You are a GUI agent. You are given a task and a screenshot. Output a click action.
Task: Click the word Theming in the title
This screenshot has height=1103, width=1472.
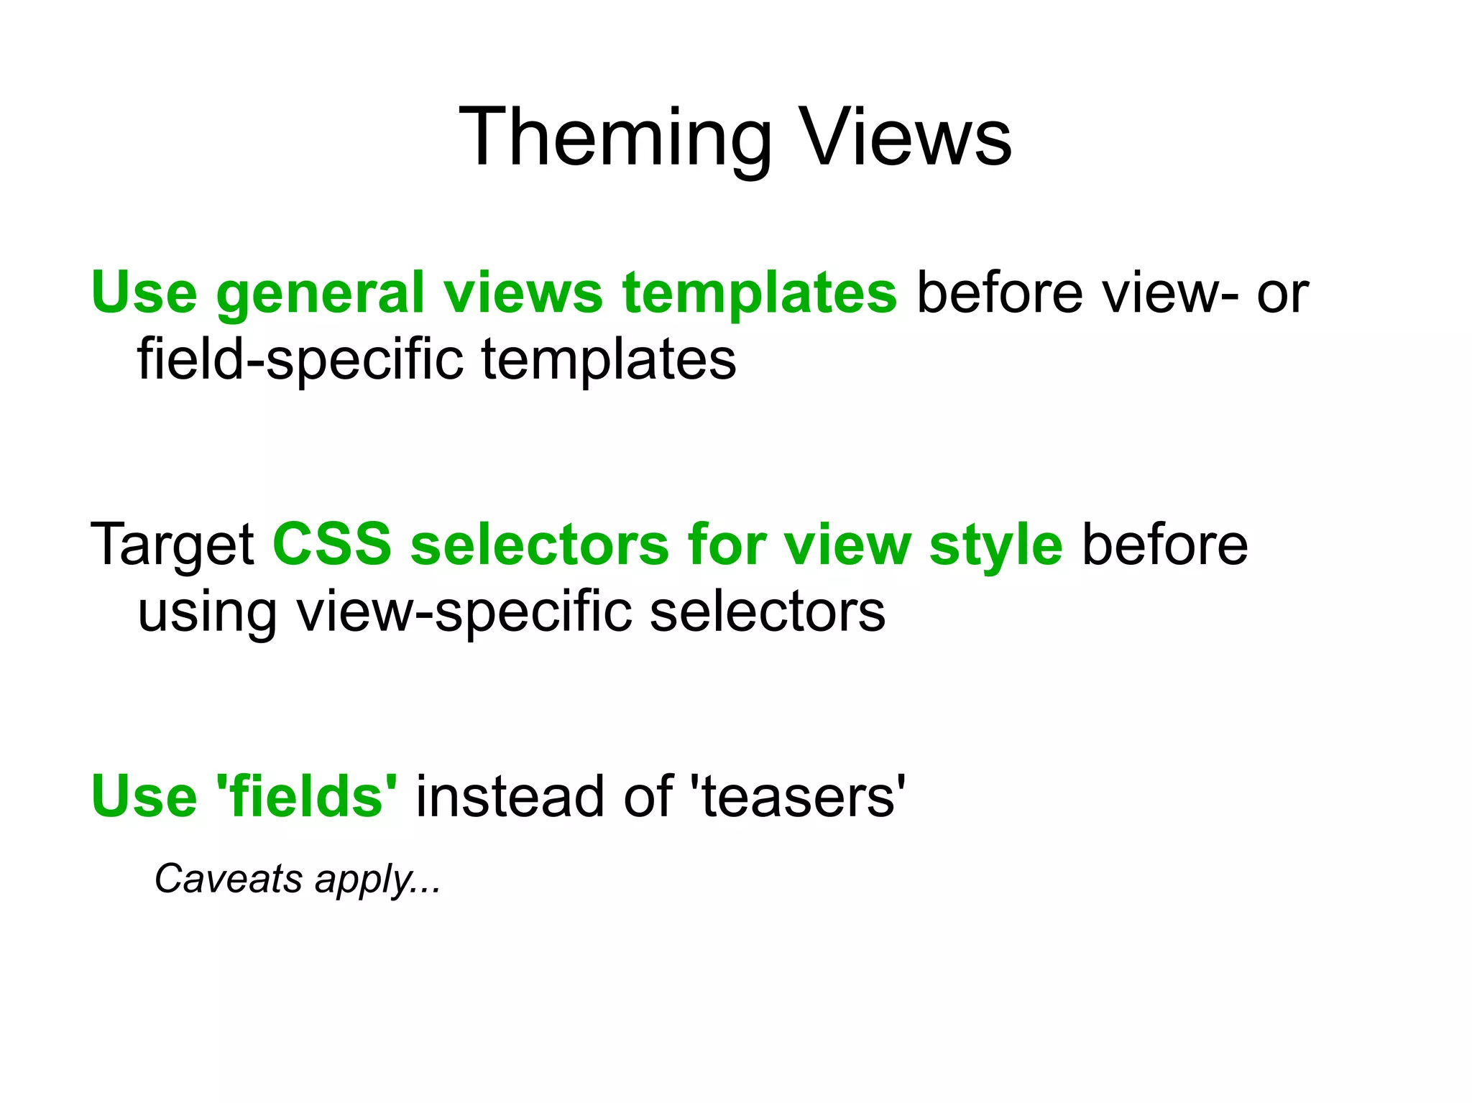click(x=615, y=138)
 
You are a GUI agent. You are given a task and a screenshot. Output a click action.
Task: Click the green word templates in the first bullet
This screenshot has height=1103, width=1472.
click(x=759, y=293)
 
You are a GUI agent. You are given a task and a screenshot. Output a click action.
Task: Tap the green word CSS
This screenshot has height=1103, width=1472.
click(x=331, y=544)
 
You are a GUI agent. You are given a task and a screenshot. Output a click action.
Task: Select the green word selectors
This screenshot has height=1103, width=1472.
click(x=539, y=544)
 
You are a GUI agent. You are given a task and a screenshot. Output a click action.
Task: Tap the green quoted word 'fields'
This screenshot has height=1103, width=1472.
click(x=306, y=796)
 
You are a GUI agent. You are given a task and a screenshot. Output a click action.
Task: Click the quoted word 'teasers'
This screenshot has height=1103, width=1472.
click(x=797, y=796)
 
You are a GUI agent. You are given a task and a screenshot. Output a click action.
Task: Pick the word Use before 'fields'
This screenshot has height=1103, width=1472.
click(x=144, y=796)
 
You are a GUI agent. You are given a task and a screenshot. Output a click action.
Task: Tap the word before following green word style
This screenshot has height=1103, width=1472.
click(x=1164, y=545)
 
